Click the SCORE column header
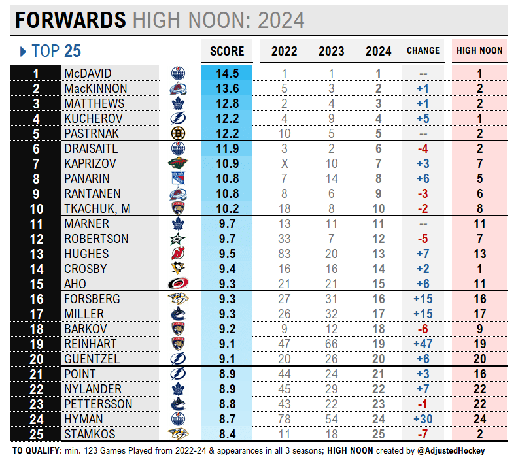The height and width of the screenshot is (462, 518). [x=227, y=51]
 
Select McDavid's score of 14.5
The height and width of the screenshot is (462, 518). [x=227, y=74]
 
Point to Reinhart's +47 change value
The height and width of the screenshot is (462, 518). [x=423, y=344]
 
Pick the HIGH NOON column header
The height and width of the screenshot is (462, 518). [x=479, y=51]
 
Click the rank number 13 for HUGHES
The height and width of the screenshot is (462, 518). [x=36, y=254]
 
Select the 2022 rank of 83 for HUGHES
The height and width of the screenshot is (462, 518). [x=284, y=254]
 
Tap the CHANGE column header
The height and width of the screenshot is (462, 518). [x=423, y=51]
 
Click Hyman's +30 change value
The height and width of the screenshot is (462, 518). [x=423, y=419]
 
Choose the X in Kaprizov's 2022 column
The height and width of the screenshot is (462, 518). [x=284, y=163]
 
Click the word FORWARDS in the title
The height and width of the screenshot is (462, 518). [x=71, y=20]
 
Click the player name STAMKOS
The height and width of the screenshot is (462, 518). [x=91, y=434]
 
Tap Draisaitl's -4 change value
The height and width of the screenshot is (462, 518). [x=423, y=148]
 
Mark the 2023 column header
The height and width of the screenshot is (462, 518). [x=332, y=51]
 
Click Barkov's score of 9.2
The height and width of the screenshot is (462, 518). [x=227, y=329]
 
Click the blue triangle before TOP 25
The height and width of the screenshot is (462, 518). [x=23, y=51]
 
